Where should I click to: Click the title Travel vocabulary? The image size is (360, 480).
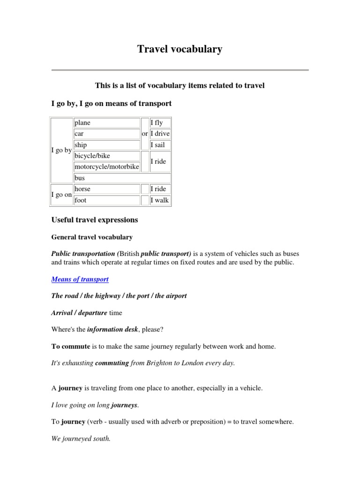[180, 49]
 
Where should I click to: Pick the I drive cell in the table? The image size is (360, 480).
[160, 134]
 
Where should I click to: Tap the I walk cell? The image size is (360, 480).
[159, 200]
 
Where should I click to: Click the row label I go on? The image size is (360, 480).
[61, 195]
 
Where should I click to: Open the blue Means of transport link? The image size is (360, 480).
[80, 279]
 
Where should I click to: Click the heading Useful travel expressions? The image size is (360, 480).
[94, 219]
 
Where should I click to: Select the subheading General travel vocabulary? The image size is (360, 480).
[91, 237]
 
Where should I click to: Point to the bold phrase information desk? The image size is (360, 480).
[112, 330]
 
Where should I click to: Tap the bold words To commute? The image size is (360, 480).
[67, 346]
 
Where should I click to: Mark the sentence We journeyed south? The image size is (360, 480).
[80, 439]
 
